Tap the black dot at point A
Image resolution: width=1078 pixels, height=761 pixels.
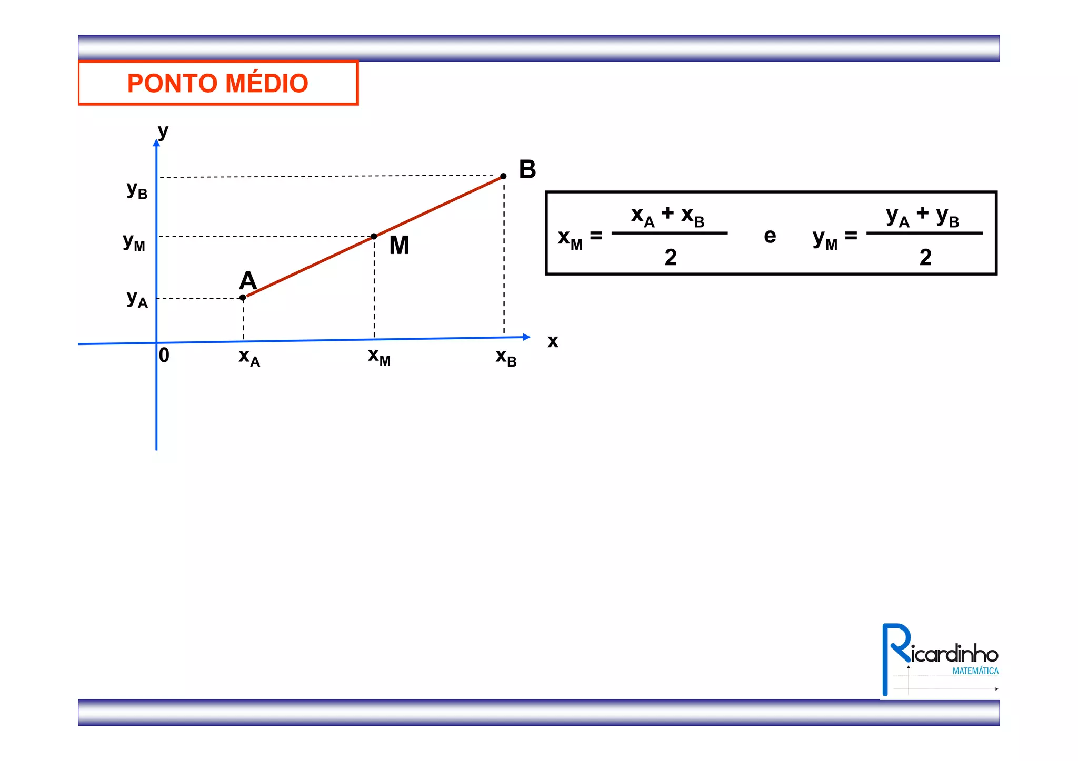point(243,298)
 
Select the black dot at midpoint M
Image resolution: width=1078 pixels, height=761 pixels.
point(374,237)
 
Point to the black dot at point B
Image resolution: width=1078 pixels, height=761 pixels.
point(503,176)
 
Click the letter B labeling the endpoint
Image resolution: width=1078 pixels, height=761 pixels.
point(527,169)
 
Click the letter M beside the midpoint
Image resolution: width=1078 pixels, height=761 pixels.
point(399,246)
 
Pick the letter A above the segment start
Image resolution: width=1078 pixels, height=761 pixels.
point(248,280)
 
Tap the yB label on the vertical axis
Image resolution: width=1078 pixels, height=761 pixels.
point(137,189)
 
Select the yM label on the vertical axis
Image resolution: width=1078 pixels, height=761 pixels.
point(134,242)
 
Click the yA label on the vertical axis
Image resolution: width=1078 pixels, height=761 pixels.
point(137,299)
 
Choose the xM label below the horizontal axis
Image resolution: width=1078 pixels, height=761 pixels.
point(379,357)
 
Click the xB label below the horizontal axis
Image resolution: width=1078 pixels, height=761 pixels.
point(506,357)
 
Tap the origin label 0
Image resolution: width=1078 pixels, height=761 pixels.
point(164,356)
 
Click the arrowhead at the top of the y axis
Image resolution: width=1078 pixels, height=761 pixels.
point(156,143)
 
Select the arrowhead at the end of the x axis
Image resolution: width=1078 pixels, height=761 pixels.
point(526,337)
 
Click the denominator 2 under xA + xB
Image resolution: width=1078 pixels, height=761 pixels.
point(670,258)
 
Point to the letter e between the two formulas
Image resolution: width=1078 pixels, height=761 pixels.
point(770,236)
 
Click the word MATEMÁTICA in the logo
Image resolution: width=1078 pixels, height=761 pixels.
point(975,671)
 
